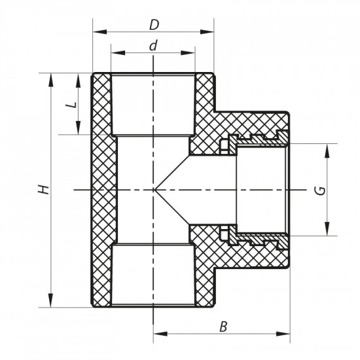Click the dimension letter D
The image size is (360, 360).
[153, 25]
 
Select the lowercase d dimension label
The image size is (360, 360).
[153, 46]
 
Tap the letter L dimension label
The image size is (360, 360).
[73, 103]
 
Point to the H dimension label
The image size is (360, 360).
[43, 190]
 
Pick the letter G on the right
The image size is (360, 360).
[319, 190]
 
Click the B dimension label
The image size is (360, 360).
[223, 327]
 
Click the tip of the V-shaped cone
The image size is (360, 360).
[154, 190]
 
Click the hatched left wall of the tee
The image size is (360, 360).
[101, 190]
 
